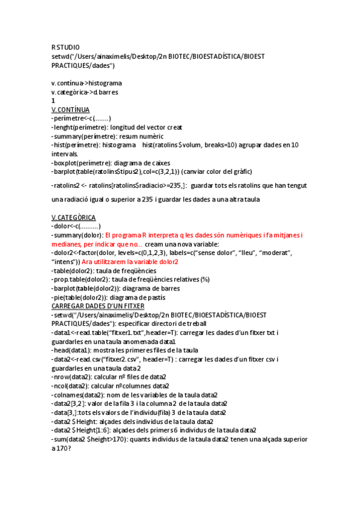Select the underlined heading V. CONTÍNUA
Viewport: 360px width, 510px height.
[x=71, y=110]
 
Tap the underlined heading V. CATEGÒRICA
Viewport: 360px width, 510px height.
[x=74, y=217]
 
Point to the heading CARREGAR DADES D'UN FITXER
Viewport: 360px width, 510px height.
[x=102, y=306]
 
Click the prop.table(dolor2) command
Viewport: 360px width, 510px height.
[x=85, y=280]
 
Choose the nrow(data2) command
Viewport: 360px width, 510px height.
[x=72, y=377]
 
